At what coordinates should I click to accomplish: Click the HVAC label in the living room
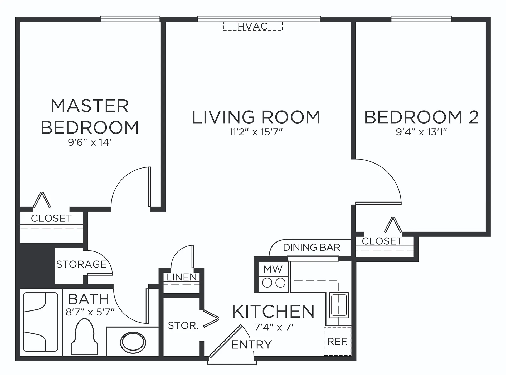click(x=253, y=26)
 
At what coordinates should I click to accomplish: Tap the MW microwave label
click(x=273, y=269)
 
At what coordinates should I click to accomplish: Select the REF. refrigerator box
click(x=337, y=342)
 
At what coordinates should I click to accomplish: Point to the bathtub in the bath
click(x=41, y=322)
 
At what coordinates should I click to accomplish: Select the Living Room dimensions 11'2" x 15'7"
click(x=256, y=132)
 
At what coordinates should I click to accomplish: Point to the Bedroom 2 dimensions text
click(x=421, y=132)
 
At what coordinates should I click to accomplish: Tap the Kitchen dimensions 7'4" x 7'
click(x=274, y=327)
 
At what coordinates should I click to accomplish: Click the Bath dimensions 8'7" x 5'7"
click(x=90, y=312)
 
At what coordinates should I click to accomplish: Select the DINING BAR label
click(x=312, y=248)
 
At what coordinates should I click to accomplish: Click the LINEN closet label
click(x=181, y=277)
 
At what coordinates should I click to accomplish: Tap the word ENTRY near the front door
click(x=251, y=344)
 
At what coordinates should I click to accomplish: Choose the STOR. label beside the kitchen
click(x=183, y=326)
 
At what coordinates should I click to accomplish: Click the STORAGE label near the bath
click(x=81, y=264)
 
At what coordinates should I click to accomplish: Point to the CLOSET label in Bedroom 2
click(x=382, y=241)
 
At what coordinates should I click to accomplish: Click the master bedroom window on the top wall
click(x=130, y=19)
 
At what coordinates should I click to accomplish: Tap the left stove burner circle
click(x=267, y=283)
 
